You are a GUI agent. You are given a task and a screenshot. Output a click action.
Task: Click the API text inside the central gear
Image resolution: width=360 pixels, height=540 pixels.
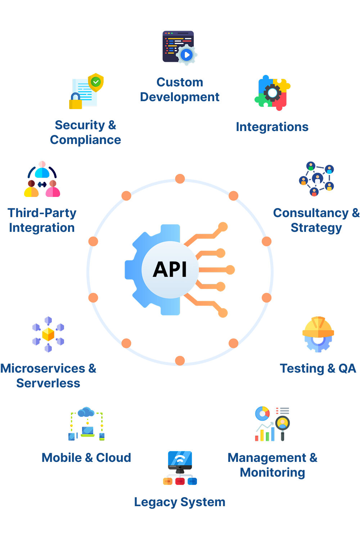click(x=170, y=269)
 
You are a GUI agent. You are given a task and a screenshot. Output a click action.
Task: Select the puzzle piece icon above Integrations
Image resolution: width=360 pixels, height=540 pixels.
click(x=273, y=93)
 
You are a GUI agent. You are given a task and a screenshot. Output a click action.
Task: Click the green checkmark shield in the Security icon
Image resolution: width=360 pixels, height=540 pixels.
click(x=96, y=82)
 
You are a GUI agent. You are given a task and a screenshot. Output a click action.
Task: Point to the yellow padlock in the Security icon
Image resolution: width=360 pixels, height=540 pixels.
click(x=76, y=102)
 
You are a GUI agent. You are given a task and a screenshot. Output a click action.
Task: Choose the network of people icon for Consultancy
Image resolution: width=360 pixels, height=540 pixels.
click(x=317, y=179)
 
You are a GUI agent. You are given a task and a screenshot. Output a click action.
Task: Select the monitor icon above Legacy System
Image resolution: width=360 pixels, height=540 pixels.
click(x=180, y=461)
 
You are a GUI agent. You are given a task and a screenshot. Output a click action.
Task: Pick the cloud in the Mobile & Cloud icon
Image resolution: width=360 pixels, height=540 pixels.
click(x=86, y=412)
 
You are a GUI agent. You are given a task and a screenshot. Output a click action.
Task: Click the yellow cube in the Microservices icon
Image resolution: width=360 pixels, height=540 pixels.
click(x=48, y=334)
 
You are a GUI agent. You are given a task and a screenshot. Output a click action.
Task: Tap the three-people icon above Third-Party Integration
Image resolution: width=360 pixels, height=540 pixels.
click(x=42, y=180)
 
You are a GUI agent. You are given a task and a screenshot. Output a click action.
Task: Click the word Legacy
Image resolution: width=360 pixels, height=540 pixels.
click(x=156, y=502)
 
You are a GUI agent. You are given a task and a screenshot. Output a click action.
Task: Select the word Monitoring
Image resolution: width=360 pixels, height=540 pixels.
click(x=273, y=472)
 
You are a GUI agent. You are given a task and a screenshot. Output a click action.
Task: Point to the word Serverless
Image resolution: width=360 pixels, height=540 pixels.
click(x=48, y=383)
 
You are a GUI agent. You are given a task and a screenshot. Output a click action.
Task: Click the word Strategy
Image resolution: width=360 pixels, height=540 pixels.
click(x=316, y=228)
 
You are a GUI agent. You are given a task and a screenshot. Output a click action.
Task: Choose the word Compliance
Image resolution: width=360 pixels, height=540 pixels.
click(x=85, y=140)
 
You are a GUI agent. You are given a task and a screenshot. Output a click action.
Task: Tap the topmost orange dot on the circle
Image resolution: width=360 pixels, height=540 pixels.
click(x=180, y=179)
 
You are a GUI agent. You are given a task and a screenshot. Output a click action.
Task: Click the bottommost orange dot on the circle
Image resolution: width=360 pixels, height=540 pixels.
click(x=180, y=360)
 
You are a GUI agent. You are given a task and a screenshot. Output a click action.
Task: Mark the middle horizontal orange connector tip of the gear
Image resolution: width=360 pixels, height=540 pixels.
click(x=230, y=270)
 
